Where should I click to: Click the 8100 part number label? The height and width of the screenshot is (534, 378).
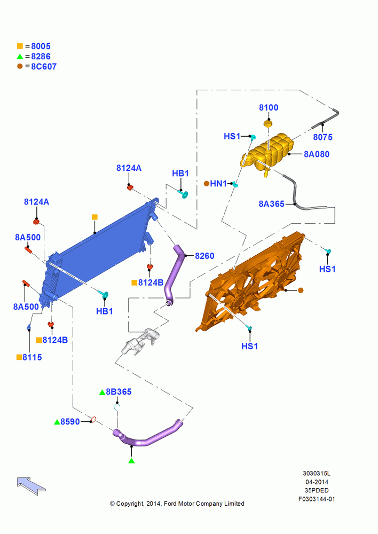[269, 108]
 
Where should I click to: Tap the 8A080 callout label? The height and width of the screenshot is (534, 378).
[317, 154]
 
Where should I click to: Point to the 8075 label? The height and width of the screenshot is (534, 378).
[322, 137]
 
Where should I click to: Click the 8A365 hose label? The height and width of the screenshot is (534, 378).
[271, 204]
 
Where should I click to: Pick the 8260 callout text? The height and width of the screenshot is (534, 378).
[204, 256]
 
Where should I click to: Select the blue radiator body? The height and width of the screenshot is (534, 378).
[99, 252]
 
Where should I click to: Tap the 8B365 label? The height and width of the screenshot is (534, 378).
[119, 391]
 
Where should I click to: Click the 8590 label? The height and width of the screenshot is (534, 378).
[70, 422]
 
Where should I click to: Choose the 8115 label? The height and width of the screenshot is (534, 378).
[32, 357]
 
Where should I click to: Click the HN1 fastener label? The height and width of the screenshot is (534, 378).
[218, 184]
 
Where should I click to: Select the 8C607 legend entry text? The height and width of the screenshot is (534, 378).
[44, 66]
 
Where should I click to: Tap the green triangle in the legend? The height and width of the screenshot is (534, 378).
[20, 57]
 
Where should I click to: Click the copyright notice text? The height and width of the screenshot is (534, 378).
[177, 504]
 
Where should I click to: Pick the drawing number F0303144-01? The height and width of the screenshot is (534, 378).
[317, 499]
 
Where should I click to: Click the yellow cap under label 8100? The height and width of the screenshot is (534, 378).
[269, 123]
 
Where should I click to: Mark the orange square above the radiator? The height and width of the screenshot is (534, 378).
[94, 217]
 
